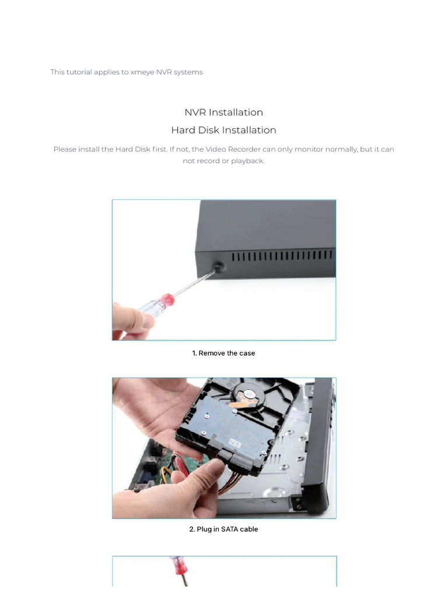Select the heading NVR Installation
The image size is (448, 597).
[223, 113]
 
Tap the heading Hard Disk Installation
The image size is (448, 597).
[223, 130]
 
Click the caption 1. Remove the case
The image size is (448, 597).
[223, 353]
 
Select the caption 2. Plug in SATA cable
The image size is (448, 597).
[223, 529]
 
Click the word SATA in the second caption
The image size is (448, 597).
[230, 529]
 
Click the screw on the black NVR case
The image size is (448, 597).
[219, 266]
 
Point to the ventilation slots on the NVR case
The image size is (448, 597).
[283, 257]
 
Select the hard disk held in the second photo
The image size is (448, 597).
[233, 426]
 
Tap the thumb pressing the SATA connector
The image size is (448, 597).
[201, 475]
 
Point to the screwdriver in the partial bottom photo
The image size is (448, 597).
[177, 571]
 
